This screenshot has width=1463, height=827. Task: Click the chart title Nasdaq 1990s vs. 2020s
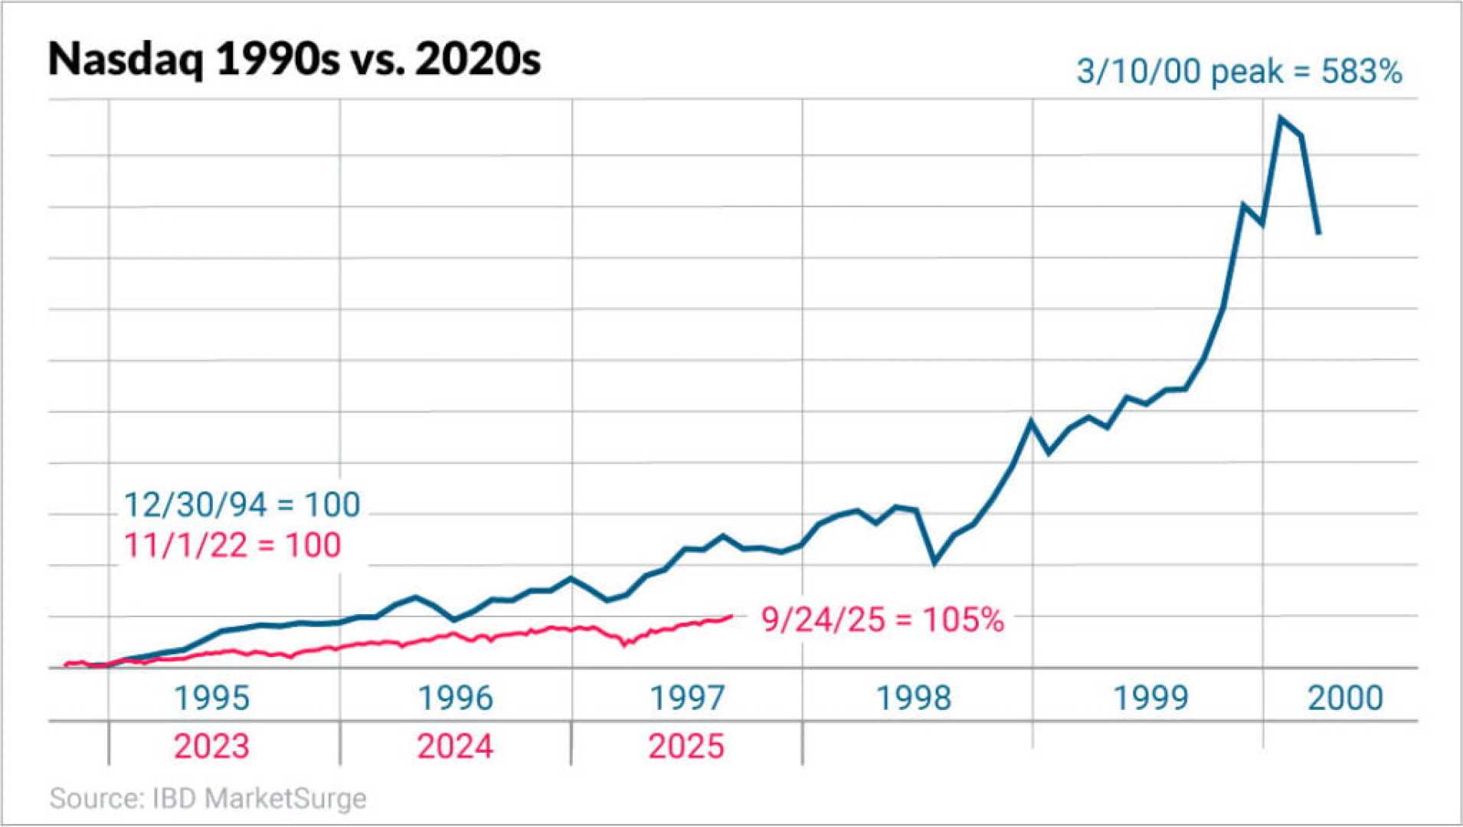tap(294, 59)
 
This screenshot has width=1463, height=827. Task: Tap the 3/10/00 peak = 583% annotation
tap(1239, 71)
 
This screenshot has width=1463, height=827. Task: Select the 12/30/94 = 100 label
tap(242, 505)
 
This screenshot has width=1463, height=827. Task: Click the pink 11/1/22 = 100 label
tap(232, 545)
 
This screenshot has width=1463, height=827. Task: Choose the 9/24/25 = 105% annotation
tap(882, 619)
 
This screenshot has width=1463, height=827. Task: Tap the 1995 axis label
tap(211, 698)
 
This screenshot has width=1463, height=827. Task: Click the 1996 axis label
tap(455, 698)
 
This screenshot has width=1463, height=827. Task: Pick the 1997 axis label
tap(686, 698)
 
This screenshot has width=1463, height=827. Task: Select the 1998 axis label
tap(913, 698)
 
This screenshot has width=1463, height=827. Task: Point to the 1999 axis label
tap(1150, 698)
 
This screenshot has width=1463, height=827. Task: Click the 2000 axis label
tap(1345, 698)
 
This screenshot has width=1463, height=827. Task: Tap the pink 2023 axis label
tap(211, 746)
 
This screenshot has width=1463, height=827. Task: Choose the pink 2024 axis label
tap(455, 746)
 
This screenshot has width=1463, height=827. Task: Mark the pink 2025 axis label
tap(686, 746)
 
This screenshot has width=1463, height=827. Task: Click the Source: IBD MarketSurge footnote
tap(208, 798)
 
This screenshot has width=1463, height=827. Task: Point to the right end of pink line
tap(731, 616)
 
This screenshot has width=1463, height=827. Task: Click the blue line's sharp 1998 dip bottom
tap(934, 564)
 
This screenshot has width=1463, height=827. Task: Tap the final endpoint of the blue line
tap(1319, 233)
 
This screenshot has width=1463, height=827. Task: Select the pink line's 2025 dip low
tap(624, 645)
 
